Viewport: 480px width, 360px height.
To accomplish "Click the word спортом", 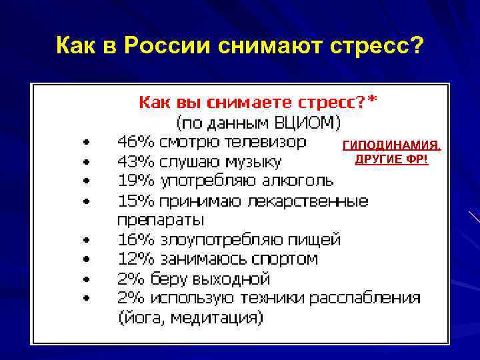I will pos(279,259).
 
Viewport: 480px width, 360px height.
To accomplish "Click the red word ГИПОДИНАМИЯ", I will pos(391,146).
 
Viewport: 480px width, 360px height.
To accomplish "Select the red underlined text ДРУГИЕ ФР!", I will pos(391,160).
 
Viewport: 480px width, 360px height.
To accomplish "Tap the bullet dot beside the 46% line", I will pos(85,143).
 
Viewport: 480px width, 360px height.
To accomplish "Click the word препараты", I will pos(161,219).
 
